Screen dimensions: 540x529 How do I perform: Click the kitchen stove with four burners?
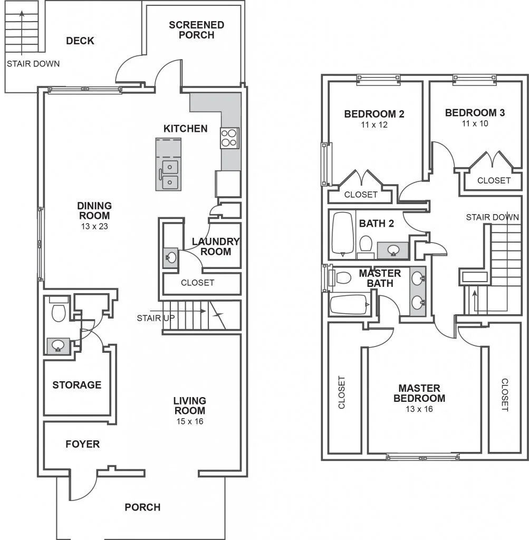[x=229, y=138]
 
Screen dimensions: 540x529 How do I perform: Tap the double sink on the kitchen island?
[x=170, y=176]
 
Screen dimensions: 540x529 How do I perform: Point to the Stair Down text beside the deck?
[x=33, y=64]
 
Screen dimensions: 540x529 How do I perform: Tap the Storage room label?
[x=76, y=385]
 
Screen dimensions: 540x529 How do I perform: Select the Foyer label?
[x=82, y=444]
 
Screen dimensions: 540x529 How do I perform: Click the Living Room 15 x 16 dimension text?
[x=189, y=421]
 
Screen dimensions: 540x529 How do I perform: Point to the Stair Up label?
[x=156, y=318]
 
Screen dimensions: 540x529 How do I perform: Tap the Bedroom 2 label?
[x=374, y=113]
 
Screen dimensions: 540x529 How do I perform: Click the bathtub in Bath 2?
[x=343, y=234]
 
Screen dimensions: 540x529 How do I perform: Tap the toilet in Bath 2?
[x=365, y=244]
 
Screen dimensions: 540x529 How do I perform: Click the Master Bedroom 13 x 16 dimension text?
[x=419, y=409]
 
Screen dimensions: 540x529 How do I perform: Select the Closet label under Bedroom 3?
[x=494, y=180]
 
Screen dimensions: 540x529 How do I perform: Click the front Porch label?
[x=142, y=507]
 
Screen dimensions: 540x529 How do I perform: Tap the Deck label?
[x=80, y=41]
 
